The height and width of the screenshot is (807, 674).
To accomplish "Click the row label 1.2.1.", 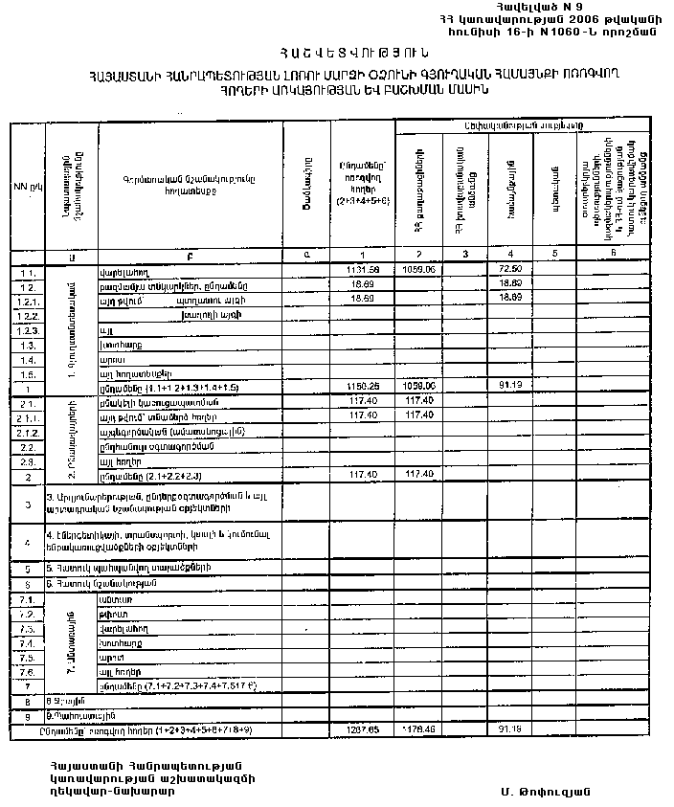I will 27,301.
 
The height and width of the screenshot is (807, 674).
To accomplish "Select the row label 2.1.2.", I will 27,432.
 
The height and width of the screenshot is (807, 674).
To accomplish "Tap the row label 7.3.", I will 27,628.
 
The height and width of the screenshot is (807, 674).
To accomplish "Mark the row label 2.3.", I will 27,460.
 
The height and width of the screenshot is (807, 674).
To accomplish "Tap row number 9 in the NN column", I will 27,715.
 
